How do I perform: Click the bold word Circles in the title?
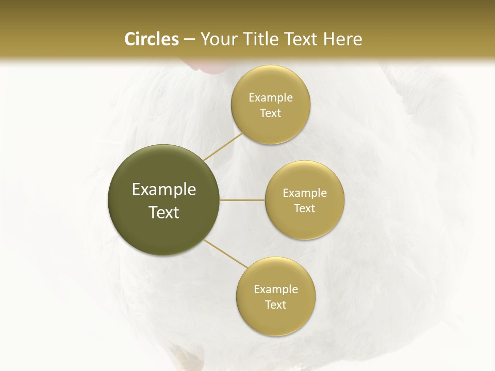tap(151, 39)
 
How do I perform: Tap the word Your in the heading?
tap(217, 39)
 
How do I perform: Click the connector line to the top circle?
tap(222, 146)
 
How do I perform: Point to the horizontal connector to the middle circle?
tap(242, 200)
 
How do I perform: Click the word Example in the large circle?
tap(164, 190)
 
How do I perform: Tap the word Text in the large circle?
tap(164, 212)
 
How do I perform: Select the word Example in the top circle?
tap(270, 98)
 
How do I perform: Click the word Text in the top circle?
tap(270, 113)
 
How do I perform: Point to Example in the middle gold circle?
tap(304, 193)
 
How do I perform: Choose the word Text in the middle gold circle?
tap(304, 209)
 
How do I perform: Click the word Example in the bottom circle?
tap(275, 290)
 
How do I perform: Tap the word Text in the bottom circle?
tap(275, 305)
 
